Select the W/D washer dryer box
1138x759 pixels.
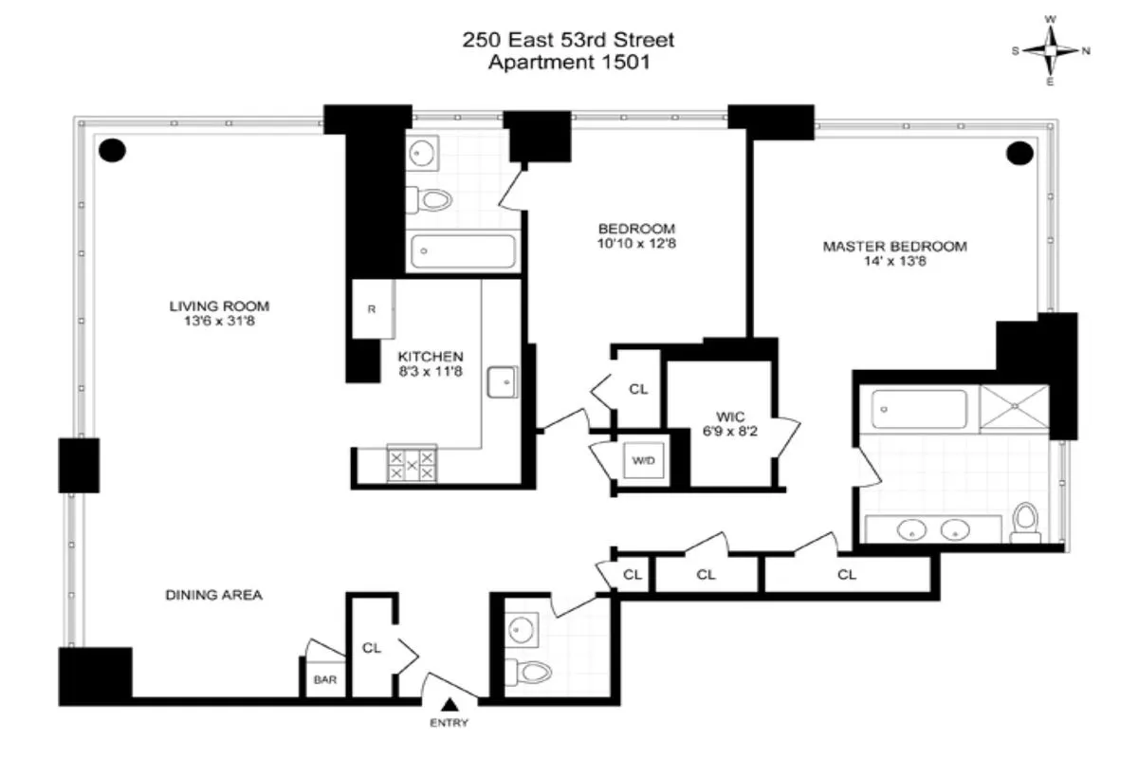click(x=643, y=462)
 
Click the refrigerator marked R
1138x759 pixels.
click(x=373, y=309)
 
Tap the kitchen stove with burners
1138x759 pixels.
click(x=412, y=464)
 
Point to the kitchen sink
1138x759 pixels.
click(x=503, y=381)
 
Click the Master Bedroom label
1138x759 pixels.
click(x=894, y=247)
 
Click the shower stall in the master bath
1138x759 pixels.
click(x=1015, y=408)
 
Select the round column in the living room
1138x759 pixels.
click(x=113, y=150)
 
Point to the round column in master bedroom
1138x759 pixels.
click(x=1019, y=152)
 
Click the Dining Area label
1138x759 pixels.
click(x=213, y=596)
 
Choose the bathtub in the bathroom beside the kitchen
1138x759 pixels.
click(x=463, y=252)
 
